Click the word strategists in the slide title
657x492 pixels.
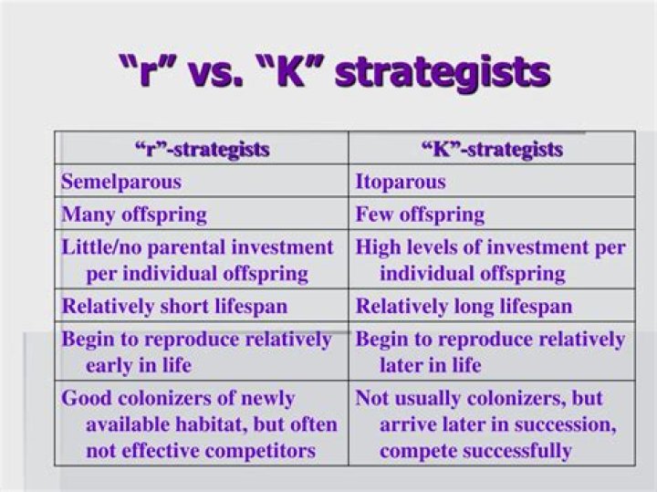click(x=443, y=71)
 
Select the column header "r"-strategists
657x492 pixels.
click(x=203, y=149)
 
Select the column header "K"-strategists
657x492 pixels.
click(x=492, y=149)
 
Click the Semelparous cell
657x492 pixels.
click(x=121, y=181)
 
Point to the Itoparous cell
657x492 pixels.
click(x=401, y=181)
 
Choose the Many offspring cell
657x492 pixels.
click(x=134, y=215)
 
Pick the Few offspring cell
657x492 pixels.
click(x=420, y=215)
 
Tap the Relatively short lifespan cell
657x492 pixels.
click(x=174, y=306)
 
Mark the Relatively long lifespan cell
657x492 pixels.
click(x=464, y=306)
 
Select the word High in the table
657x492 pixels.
click(x=378, y=247)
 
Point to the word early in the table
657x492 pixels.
click(x=113, y=365)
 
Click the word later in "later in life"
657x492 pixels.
click(x=404, y=365)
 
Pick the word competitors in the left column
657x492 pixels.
click(x=264, y=450)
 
